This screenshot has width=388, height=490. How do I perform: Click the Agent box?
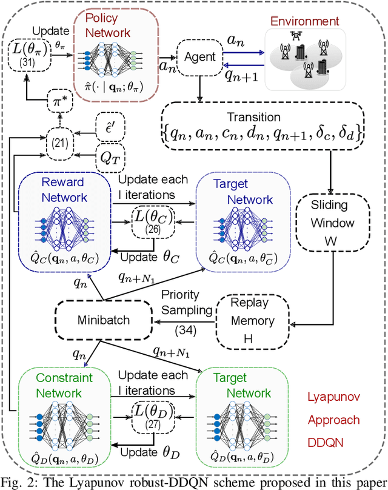200,58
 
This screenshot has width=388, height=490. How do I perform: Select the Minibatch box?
104,320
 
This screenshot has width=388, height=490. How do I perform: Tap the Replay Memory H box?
253,321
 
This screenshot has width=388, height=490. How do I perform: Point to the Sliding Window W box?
333,223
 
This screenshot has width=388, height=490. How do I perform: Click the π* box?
60,101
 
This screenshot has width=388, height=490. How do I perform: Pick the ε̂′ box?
110,127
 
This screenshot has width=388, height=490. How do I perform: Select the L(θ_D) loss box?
153,417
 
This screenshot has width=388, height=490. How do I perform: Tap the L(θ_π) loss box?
28,55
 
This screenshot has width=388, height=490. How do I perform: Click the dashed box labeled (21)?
59,144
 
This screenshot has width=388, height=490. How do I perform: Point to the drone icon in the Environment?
296,36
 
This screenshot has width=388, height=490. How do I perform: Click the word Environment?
304,21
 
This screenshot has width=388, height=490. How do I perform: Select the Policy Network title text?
107,25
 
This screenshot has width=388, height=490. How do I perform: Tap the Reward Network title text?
64,190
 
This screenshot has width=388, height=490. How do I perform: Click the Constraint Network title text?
64,385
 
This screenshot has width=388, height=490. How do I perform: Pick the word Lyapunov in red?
334,397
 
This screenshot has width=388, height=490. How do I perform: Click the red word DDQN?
326,443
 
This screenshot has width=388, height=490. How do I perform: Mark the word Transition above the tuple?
253,117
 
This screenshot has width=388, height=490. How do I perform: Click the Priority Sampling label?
187,303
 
